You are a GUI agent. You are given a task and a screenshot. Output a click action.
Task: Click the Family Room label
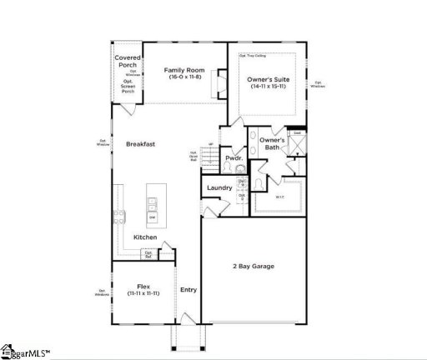pos(183,70)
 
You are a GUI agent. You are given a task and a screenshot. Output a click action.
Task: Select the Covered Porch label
pos(128,62)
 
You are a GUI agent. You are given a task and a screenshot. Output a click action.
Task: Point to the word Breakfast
pos(141,144)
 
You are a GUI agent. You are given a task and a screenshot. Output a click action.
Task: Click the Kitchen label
pos(146,237)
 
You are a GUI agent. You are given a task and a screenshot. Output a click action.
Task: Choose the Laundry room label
pos(219,187)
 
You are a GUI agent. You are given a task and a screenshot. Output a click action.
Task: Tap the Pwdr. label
pos(234,157)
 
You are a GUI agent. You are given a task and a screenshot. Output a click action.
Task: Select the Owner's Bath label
pos(272,144)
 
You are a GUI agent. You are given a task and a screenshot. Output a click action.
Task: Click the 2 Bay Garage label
pos(253,267)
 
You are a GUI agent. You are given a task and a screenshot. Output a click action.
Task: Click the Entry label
pos(188,289)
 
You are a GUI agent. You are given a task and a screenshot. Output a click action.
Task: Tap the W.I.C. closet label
pos(280,197)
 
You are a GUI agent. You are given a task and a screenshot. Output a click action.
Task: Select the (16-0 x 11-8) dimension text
pos(183,77)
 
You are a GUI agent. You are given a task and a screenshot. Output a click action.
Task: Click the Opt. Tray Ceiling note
pos(253,56)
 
